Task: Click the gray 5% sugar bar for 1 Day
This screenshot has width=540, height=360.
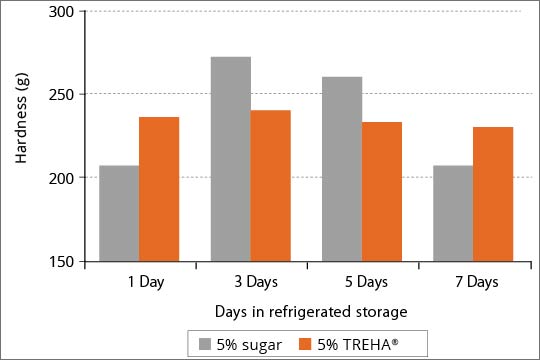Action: click(x=119, y=213)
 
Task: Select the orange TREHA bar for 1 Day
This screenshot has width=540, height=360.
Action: click(x=159, y=189)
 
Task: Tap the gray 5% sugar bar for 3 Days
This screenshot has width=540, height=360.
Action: click(x=231, y=159)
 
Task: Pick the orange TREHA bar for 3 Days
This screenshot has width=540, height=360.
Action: click(x=270, y=185)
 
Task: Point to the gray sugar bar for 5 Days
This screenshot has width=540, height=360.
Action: click(x=342, y=169)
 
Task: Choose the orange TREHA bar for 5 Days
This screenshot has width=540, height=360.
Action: click(x=382, y=191)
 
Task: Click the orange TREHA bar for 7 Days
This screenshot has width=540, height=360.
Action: click(x=493, y=194)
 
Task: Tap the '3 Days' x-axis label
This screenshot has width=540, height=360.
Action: click(x=251, y=281)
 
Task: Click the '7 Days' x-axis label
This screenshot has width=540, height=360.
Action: click(x=474, y=281)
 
